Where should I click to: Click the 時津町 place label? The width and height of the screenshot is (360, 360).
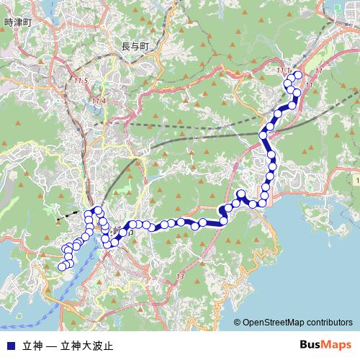pos(19,22)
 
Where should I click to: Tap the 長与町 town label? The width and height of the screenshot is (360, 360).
pos(135,47)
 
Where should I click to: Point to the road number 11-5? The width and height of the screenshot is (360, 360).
pos(80,80)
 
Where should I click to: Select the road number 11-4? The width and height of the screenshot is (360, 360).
pos(99,101)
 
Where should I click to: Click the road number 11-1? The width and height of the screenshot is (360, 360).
pos(284,70)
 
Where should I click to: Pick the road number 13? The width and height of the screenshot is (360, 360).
pos(180,276)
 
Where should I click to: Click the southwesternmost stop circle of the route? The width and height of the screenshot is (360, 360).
pos(61,267)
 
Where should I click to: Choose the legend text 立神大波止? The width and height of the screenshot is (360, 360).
pos(87,345)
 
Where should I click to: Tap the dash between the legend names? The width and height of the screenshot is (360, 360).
pos(51,345)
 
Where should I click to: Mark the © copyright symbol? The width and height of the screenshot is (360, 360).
pos(237,323)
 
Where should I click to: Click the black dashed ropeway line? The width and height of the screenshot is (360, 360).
pos(69,214)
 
